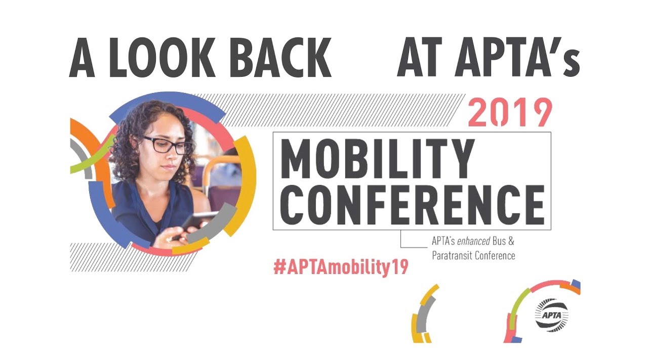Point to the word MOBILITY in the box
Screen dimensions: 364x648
(377, 158)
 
